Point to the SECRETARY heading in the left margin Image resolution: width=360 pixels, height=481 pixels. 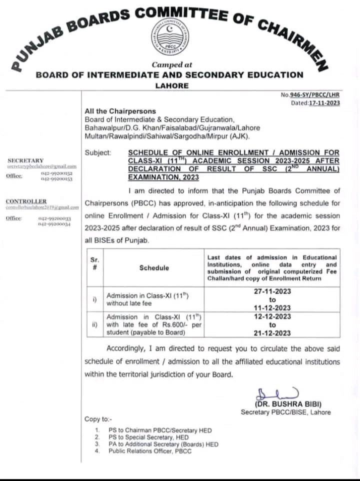pyautogui.click(x=25, y=160)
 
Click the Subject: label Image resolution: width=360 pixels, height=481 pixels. pyautogui.click(x=98, y=152)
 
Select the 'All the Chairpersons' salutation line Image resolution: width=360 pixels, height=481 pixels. pyautogui.click(x=120, y=111)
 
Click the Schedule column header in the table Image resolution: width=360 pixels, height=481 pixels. pyautogui.click(x=154, y=268)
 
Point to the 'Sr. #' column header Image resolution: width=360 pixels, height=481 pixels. pyautogui.click(x=94, y=263)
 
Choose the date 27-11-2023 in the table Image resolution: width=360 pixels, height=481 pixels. pyautogui.click(x=272, y=291)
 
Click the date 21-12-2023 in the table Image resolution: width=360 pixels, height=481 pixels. pyautogui.click(x=272, y=333)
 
